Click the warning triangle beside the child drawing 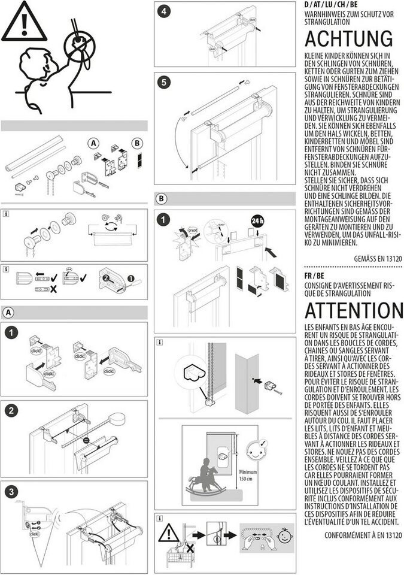click(24, 22)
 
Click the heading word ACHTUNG click(349, 38)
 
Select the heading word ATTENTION click(354, 310)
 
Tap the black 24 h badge click(258, 221)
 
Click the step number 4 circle click(163, 11)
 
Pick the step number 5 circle click(163, 83)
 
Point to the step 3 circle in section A click(11, 491)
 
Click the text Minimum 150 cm click(248, 475)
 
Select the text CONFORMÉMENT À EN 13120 click(363, 535)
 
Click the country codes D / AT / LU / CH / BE click(330, 5)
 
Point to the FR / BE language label click(314, 276)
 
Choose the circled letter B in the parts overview click(137, 143)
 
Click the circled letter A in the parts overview click(93, 143)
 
